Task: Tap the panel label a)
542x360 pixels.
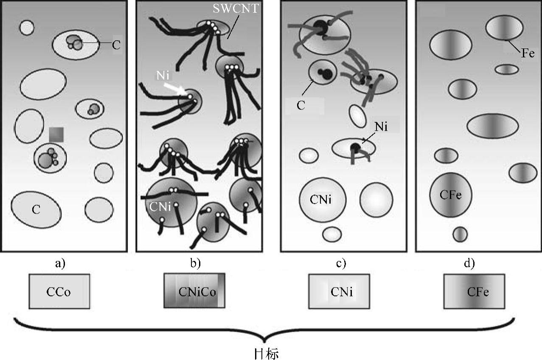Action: [61, 264]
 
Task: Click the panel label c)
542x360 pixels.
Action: [341, 264]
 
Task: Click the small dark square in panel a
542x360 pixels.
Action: [56, 135]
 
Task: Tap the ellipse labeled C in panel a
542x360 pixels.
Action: [36, 209]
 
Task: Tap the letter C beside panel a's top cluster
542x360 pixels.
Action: [116, 45]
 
